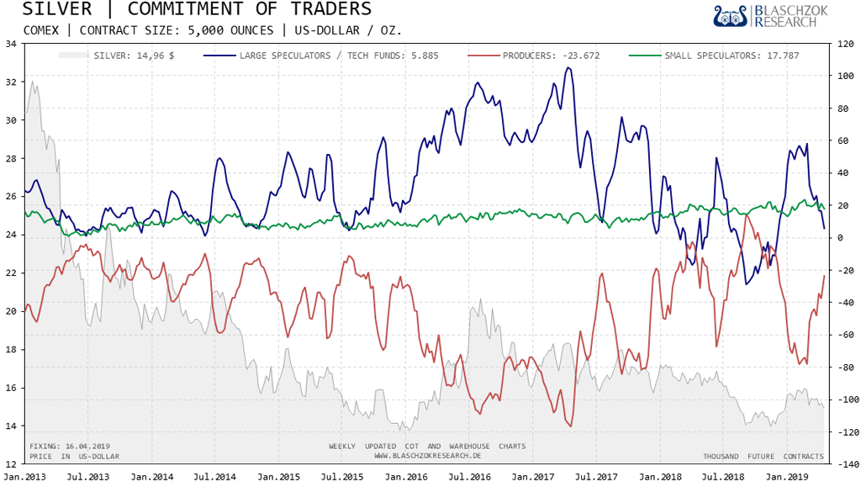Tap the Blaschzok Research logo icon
click(x=731, y=16)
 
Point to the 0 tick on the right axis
click(x=838, y=238)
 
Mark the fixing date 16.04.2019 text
click(x=70, y=446)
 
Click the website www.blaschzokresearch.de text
click(x=427, y=456)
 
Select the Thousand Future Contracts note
click(x=763, y=456)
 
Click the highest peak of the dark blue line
click(x=568, y=68)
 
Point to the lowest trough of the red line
click(x=571, y=426)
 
